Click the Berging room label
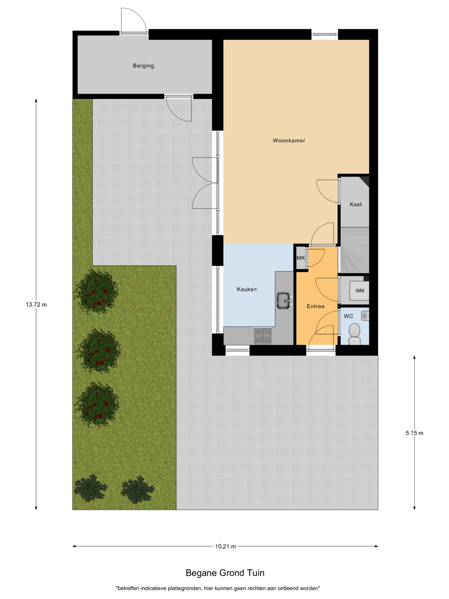[x=143, y=66]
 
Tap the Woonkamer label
[x=289, y=141]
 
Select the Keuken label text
[x=247, y=289]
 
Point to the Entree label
[x=316, y=306]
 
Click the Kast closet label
[x=356, y=205]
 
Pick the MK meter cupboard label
[x=301, y=258]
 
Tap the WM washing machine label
[x=360, y=291]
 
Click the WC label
[x=348, y=316]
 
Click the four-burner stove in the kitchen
[x=263, y=336]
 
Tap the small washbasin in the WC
[x=365, y=316]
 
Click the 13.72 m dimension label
[x=36, y=305]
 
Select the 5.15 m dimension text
[x=414, y=433]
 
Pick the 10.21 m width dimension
[x=225, y=546]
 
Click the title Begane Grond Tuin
[x=225, y=573]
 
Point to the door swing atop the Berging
[x=134, y=20]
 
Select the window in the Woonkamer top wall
[x=325, y=34]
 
